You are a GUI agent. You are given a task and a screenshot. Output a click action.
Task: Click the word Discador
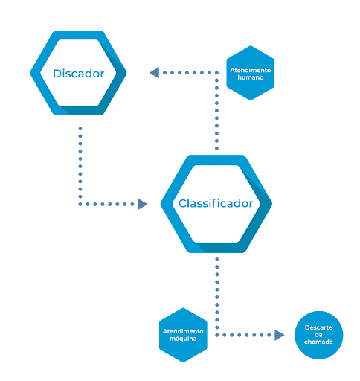[x=79, y=74]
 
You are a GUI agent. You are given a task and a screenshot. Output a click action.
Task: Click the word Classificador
[x=216, y=203]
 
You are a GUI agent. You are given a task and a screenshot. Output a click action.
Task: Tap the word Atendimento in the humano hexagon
[x=251, y=70]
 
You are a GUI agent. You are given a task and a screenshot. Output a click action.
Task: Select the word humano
[x=251, y=77]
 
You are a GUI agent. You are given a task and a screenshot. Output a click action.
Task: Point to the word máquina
[x=183, y=339]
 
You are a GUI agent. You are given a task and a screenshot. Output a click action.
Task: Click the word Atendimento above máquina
[x=183, y=331]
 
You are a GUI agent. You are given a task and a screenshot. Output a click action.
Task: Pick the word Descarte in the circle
[x=318, y=327]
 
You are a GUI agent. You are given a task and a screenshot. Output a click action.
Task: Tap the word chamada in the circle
[x=318, y=342]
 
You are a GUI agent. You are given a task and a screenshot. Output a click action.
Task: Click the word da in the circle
[x=318, y=335]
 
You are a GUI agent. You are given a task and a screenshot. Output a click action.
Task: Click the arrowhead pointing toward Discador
[x=154, y=73]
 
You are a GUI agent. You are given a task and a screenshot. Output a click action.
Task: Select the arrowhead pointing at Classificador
[x=143, y=204]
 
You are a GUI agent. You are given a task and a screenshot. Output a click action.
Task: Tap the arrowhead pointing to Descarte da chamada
[x=280, y=335]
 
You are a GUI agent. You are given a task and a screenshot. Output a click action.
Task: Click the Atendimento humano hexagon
[x=251, y=73]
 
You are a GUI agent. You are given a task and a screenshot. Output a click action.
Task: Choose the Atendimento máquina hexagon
[x=183, y=335]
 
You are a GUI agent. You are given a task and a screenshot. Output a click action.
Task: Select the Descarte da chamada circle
[x=318, y=335]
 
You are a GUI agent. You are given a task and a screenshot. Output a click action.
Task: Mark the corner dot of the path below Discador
[x=80, y=204]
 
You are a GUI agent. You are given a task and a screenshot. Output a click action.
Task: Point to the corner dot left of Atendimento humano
[x=216, y=73]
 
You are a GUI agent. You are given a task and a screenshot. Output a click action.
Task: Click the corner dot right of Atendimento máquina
[x=216, y=335]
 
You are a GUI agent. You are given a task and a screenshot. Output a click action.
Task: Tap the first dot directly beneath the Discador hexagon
[x=80, y=128]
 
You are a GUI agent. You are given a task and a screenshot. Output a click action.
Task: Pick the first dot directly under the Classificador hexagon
[x=216, y=259]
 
